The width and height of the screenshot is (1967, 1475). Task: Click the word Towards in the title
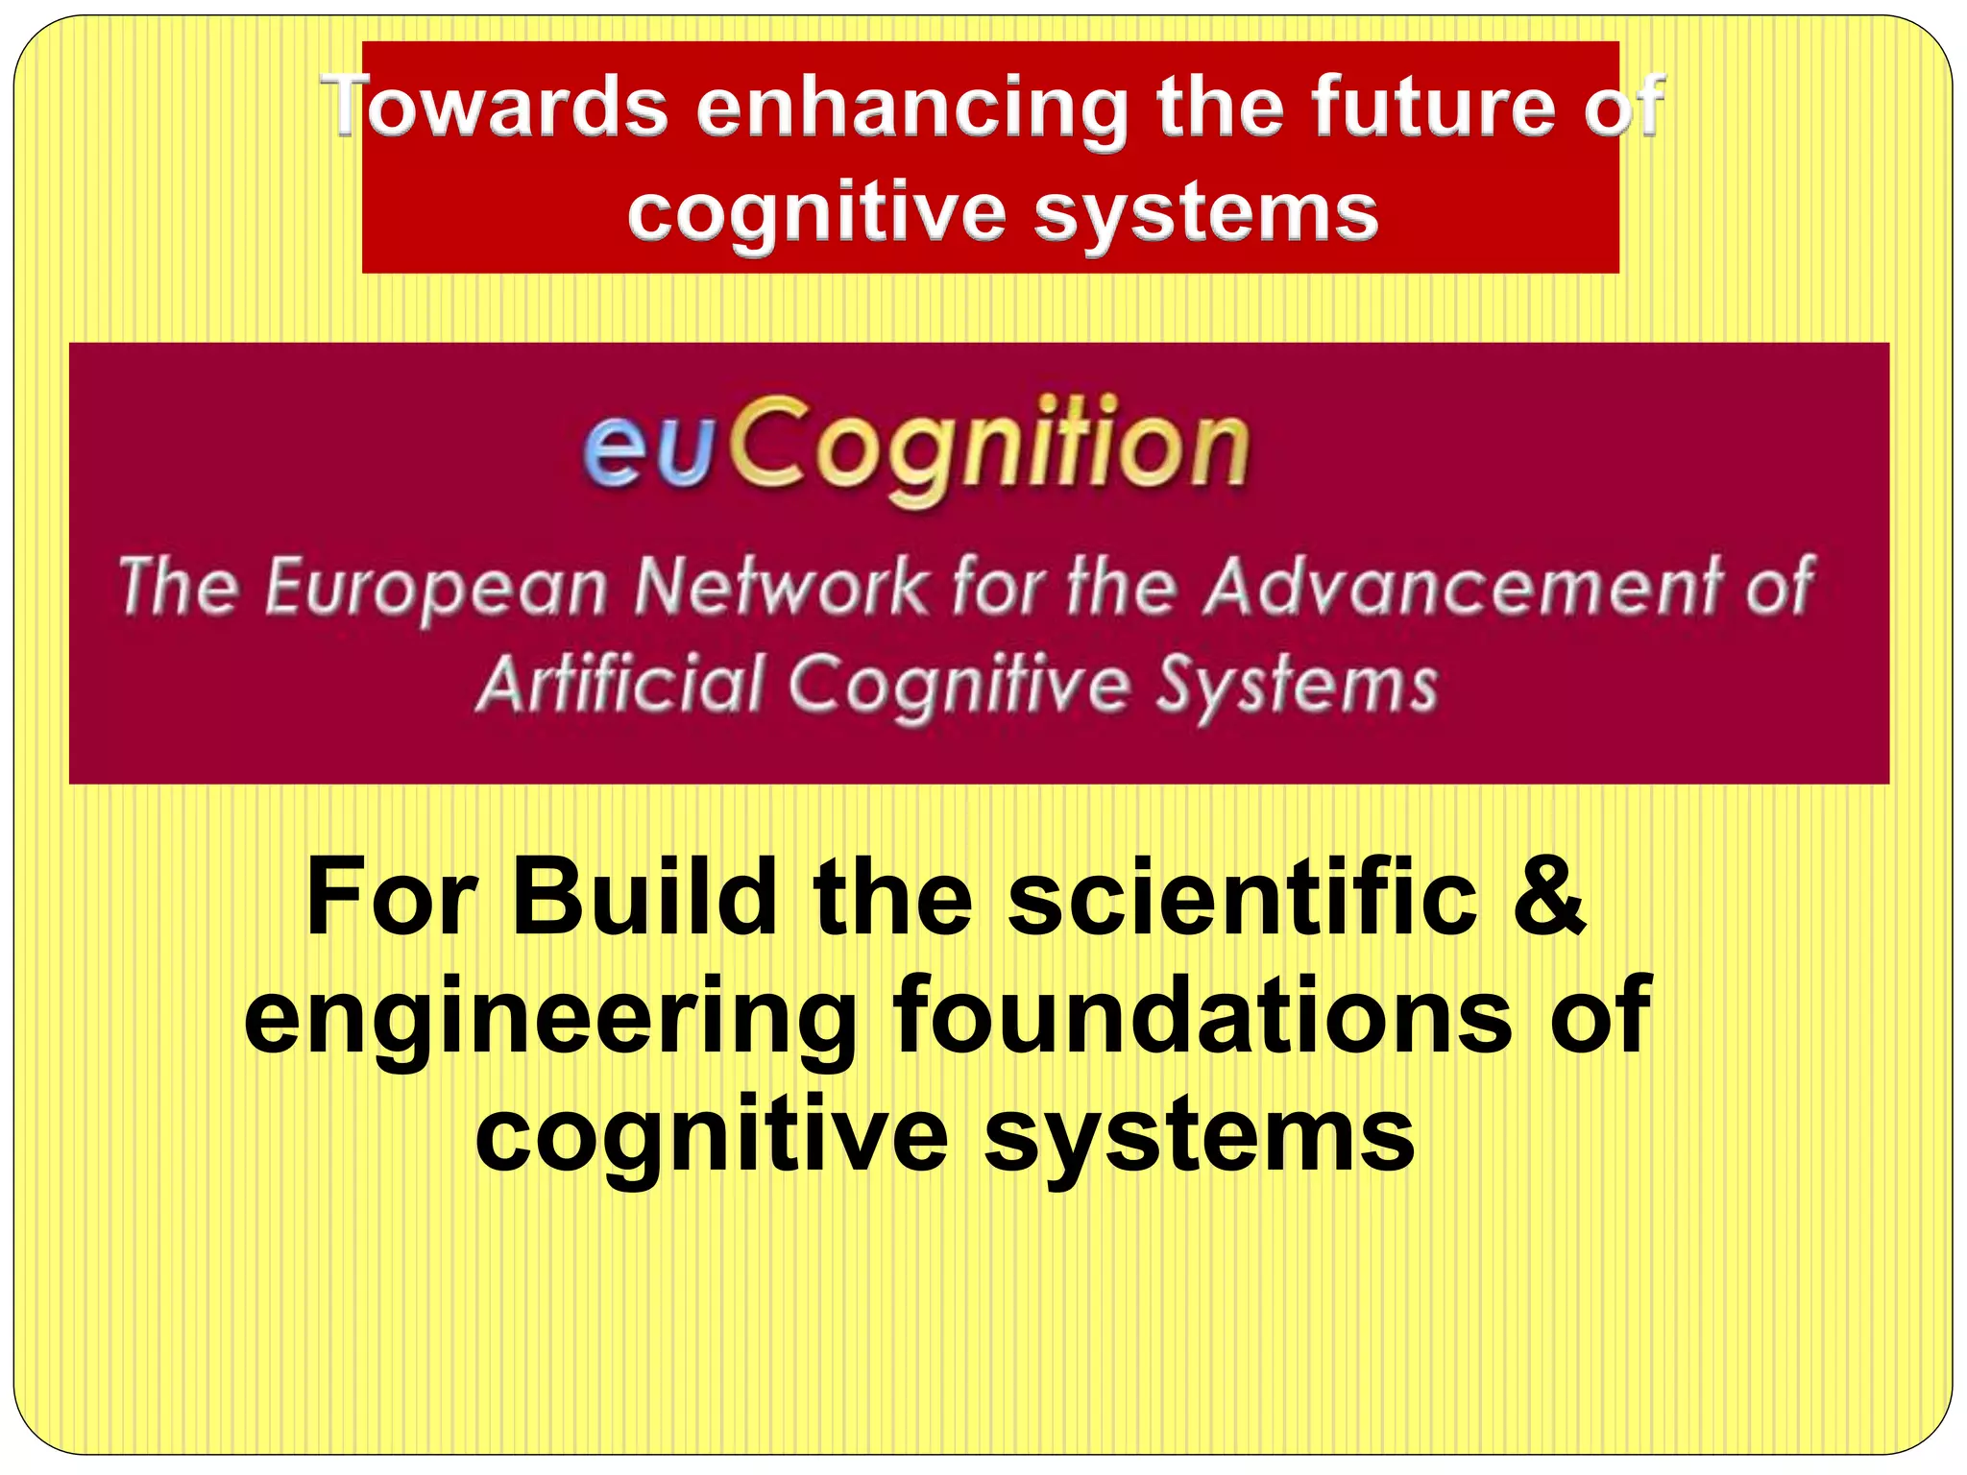coord(495,107)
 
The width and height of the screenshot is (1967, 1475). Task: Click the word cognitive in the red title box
coord(815,214)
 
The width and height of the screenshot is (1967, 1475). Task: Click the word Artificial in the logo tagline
coord(619,684)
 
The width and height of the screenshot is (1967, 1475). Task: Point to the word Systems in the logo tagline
coord(1297,686)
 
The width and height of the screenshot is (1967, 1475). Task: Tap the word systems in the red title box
coord(1206,212)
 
